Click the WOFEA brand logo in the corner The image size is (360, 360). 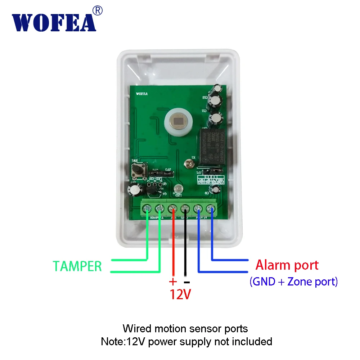(54, 23)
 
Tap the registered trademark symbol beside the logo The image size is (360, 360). (98, 11)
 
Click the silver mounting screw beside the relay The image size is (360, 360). (188, 164)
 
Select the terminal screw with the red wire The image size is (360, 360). (173, 208)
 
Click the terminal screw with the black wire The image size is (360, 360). (185, 208)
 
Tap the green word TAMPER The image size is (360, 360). (77, 266)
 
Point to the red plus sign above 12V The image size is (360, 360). (173, 281)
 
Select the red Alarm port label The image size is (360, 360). (287, 265)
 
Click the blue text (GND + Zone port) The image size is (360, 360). (293, 282)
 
